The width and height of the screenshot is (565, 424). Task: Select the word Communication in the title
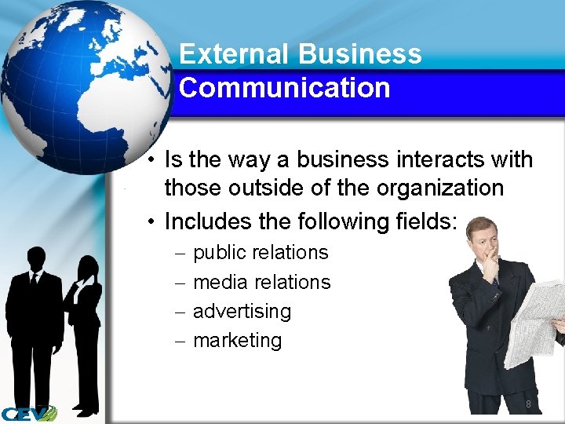[x=284, y=88]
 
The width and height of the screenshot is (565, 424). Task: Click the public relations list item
[x=261, y=253]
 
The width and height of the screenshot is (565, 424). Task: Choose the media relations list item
[x=261, y=282]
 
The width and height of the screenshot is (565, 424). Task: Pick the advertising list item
[x=242, y=311]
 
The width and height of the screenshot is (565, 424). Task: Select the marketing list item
[x=237, y=340]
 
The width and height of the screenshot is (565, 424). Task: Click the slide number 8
[x=528, y=404]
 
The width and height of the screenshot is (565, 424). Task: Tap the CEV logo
[x=28, y=412]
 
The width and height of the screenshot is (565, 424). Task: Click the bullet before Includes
[x=151, y=222]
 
